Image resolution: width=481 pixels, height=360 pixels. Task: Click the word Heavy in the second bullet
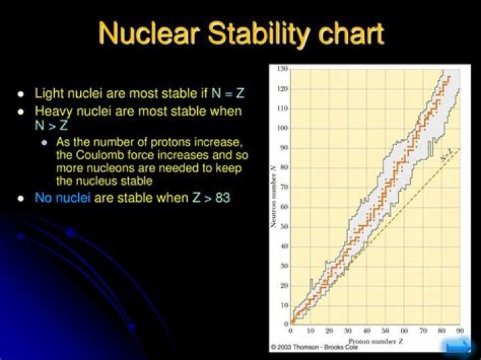[x=53, y=111]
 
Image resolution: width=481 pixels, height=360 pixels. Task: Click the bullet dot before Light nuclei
[x=21, y=94]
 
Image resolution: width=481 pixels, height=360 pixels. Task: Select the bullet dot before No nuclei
[x=21, y=199]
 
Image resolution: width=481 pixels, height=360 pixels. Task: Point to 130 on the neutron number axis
[x=283, y=69]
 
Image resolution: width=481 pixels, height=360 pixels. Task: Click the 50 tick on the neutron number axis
[x=284, y=227]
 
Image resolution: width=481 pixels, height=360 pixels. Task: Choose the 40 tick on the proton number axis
[x=366, y=331]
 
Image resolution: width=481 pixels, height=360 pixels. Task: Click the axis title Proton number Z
[x=376, y=340]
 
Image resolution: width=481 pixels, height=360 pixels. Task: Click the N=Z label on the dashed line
[x=447, y=158]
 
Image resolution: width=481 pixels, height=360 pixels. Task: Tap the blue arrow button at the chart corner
[x=459, y=346]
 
